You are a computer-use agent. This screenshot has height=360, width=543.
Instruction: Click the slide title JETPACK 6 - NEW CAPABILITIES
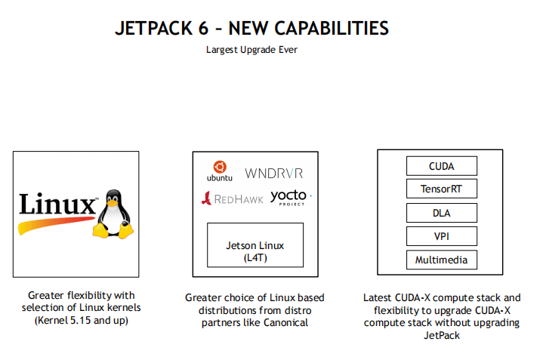252,29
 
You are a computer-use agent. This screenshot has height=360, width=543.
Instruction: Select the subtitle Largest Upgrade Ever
251,51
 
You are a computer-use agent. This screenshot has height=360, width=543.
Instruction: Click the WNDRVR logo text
273,172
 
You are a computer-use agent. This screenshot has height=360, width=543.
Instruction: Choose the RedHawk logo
231,198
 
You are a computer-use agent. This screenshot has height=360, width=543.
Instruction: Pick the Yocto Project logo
289,198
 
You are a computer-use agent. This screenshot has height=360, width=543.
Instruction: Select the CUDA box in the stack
442,166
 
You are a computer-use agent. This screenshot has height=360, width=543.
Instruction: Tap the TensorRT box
442,189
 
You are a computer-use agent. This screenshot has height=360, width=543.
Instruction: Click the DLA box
442,212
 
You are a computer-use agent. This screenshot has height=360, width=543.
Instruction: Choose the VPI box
442,235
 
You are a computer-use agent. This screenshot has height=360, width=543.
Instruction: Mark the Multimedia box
442,260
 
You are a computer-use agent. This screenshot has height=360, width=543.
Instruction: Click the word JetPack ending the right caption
442,334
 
